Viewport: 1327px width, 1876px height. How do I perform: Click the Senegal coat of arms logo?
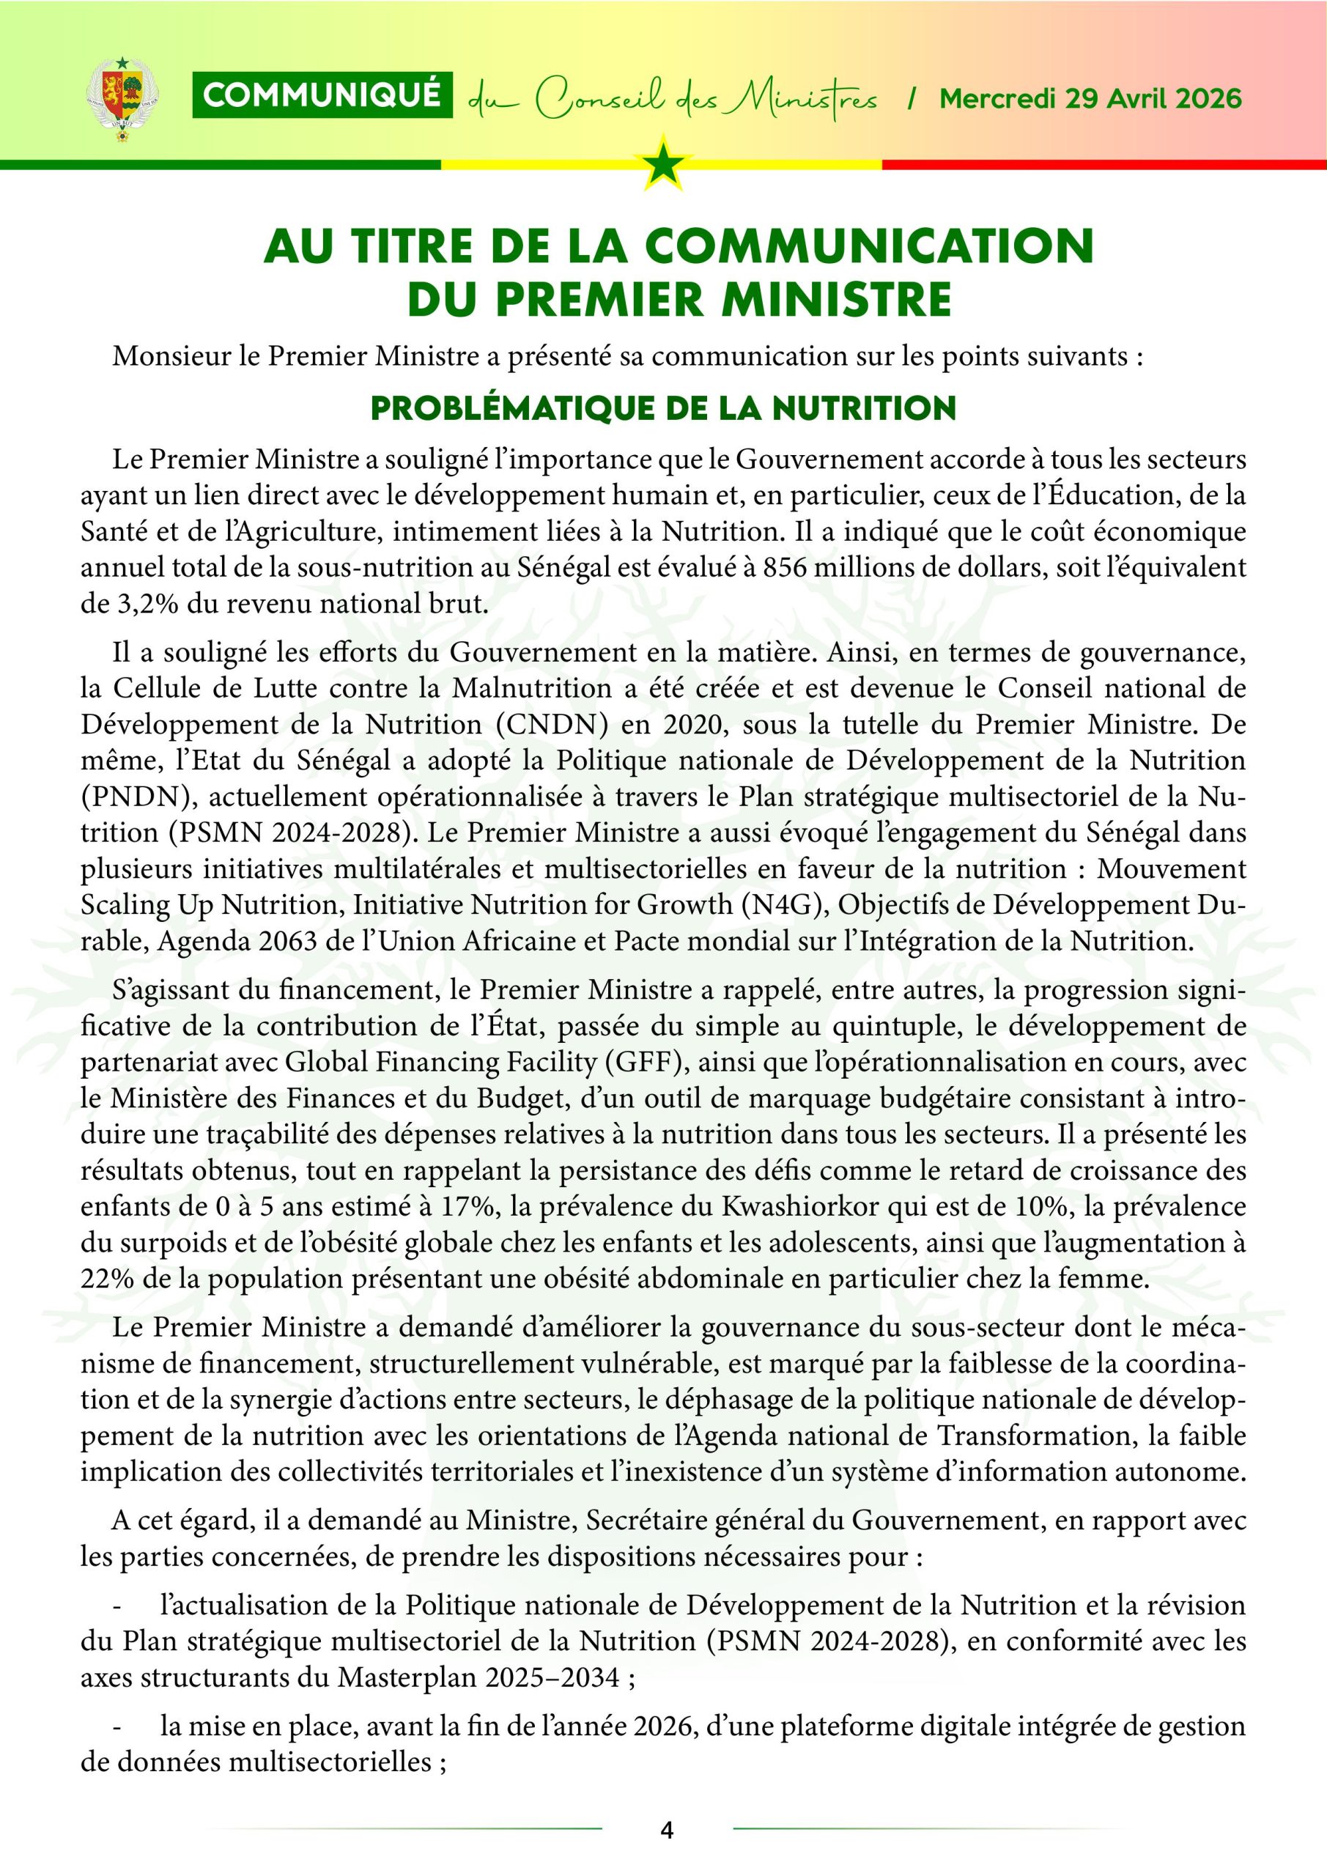coord(122,98)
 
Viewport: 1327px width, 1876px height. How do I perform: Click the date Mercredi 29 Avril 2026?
coord(1090,99)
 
